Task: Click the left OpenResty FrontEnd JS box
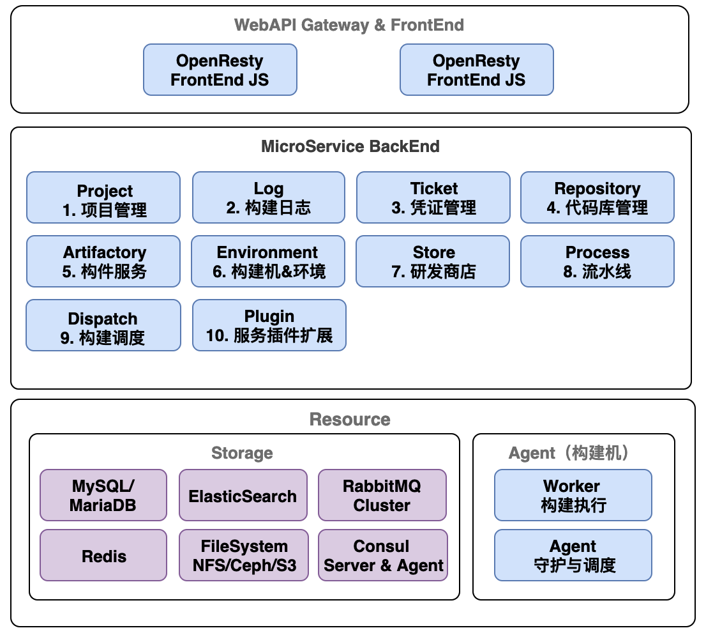pyautogui.click(x=220, y=70)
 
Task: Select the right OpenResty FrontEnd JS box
pyautogui.click(x=477, y=70)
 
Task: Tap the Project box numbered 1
pyautogui.click(x=103, y=197)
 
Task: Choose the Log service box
pyautogui.click(x=269, y=197)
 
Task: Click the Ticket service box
pyautogui.click(x=433, y=197)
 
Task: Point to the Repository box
pyautogui.click(x=597, y=197)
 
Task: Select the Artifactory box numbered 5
pyautogui.click(x=103, y=261)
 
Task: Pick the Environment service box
pyautogui.click(x=268, y=261)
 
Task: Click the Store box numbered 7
pyautogui.click(x=433, y=261)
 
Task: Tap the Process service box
pyautogui.click(x=597, y=261)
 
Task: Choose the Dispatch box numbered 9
pyautogui.click(x=103, y=325)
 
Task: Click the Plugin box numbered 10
pyautogui.click(x=269, y=325)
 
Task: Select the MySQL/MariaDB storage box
pyautogui.click(x=103, y=495)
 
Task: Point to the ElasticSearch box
pyautogui.click(x=243, y=495)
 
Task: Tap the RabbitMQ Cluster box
pyautogui.click(x=382, y=495)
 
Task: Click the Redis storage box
pyautogui.click(x=103, y=555)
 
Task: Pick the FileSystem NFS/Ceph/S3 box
pyautogui.click(x=244, y=555)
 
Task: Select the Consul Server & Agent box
pyautogui.click(x=383, y=555)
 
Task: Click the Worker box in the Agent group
pyautogui.click(x=573, y=495)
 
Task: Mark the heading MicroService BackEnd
pyautogui.click(x=350, y=146)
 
